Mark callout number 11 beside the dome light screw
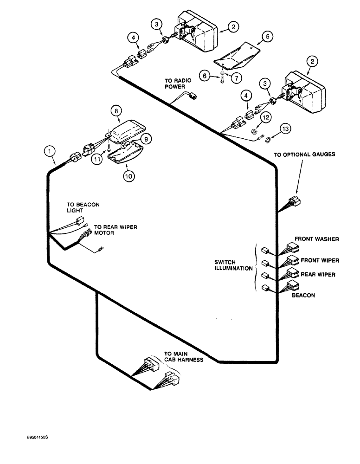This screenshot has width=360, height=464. pyautogui.click(x=97, y=159)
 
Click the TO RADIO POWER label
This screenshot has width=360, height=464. pyautogui.click(x=175, y=83)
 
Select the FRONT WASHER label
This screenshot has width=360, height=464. pyautogui.click(x=316, y=239)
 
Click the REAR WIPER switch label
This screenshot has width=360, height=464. pyautogui.click(x=318, y=275)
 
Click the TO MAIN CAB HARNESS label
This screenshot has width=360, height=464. pyautogui.click(x=183, y=356)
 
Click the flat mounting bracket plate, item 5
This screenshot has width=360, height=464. pyautogui.click(x=237, y=55)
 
